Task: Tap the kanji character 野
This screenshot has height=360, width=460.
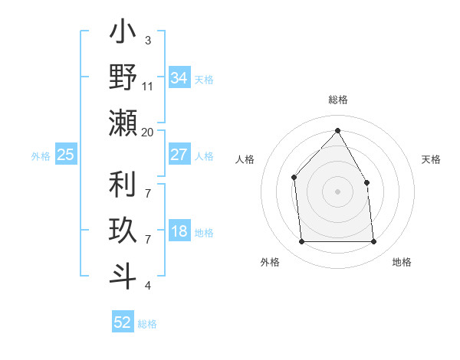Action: pos(123,77)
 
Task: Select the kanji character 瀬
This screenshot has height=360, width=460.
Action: pos(123,123)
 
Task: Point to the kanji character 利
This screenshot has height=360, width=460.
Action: pos(123,185)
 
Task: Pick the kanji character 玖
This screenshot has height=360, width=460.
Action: pos(123,231)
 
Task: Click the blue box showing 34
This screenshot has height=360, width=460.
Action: pos(179,78)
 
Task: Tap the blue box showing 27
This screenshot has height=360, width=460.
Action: pos(179,155)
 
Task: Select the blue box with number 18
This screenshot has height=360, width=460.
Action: pos(179,232)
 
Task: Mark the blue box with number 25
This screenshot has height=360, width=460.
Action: pos(66,155)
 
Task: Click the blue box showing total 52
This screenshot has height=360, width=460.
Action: pos(123,322)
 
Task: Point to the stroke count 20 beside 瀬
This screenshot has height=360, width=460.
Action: pos(148,132)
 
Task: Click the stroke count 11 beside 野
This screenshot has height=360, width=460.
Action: pos(148,87)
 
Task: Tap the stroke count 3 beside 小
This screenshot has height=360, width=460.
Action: pos(148,41)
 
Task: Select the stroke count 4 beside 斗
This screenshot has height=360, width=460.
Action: pos(148,286)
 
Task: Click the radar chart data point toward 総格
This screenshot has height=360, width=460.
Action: pos(337,130)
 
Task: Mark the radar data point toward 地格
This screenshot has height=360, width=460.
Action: pos(373,242)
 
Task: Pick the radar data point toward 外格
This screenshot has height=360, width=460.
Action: pos(301,242)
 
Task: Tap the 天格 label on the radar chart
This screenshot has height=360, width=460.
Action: pos(432,159)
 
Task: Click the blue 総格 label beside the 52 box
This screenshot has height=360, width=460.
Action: pos(147,324)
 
